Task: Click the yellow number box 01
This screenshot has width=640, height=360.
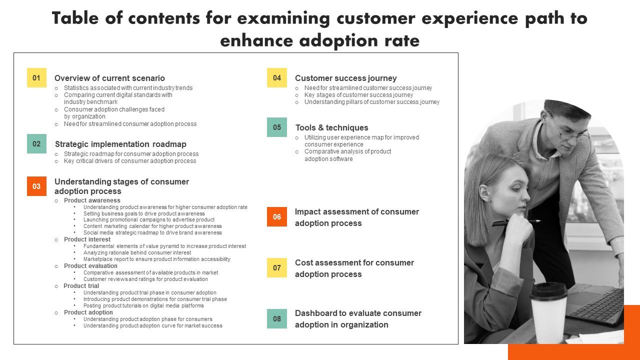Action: pyautogui.click(x=36, y=78)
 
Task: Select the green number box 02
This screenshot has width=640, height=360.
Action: pyautogui.click(x=36, y=144)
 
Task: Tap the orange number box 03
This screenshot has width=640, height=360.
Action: pyautogui.click(x=36, y=186)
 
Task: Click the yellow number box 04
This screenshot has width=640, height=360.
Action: pyautogui.click(x=277, y=78)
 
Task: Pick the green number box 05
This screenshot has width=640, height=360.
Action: pyautogui.click(x=277, y=127)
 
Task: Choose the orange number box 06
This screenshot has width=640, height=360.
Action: pyautogui.click(x=277, y=217)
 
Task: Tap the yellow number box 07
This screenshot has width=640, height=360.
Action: pyautogui.click(x=277, y=268)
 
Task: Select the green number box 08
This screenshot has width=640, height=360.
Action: pyautogui.click(x=277, y=319)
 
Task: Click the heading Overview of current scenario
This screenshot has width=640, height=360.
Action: pyautogui.click(x=109, y=78)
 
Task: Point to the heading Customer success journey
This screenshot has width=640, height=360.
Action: pyautogui.click(x=345, y=78)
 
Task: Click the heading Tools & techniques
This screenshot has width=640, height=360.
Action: pyautogui.click(x=331, y=127)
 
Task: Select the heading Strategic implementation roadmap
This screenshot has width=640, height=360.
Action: pyautogui.click(x=120, y=144)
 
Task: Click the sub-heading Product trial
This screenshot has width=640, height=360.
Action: pyautogui.click(x=81, y=286)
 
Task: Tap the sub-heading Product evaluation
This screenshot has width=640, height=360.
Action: pyautogui.click(x=90, y=266)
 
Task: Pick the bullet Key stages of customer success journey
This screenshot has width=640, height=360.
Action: pyautogui.click(x=358, y=95)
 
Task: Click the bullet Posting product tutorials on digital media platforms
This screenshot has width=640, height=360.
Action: pyautogui.click(x=143, y=305)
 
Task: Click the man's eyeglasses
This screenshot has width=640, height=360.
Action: pyautogui.click(x=572, y=131)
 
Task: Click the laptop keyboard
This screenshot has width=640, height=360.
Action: pyautogui.click(x=597, y=306)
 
